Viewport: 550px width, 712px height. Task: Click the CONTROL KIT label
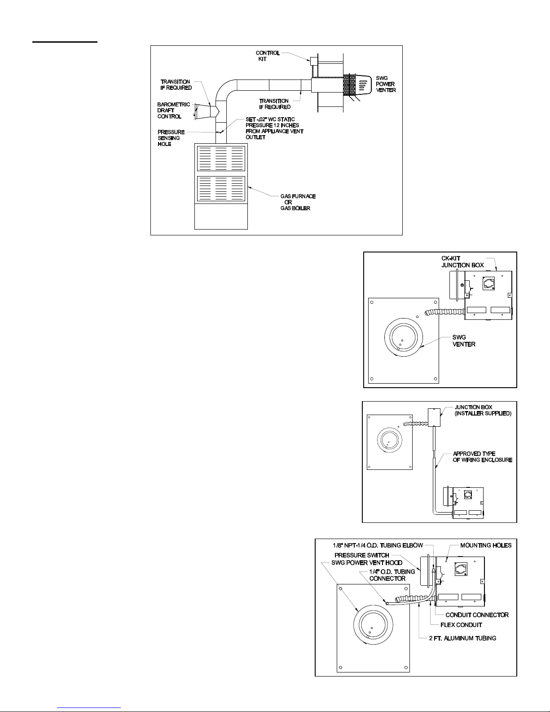coord(268,56)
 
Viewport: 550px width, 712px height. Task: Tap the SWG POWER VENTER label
coord(386,84)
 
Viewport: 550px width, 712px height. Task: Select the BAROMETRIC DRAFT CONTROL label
coord(173,111)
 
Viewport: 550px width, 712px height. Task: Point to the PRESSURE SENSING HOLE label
coord(171,138)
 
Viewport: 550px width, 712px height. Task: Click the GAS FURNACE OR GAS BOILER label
coord(298,202)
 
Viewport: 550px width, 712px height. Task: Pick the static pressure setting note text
coord(274,128)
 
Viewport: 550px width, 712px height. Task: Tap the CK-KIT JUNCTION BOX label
coord(462,262)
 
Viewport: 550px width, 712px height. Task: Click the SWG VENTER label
coord(463,341)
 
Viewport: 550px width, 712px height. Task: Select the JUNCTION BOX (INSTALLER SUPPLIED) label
coord(483,410)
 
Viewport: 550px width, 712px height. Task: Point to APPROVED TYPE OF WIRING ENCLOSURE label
coord(483,457)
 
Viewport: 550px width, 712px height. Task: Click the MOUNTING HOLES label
coord(486,545)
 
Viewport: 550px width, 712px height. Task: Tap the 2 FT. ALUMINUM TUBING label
coord(462,638)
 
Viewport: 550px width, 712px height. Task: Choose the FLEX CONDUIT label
coord(461,625)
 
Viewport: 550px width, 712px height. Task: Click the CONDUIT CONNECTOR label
coord(477,615)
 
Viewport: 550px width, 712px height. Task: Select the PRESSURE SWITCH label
coord(362,555)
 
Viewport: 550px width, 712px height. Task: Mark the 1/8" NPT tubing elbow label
coord(378,545)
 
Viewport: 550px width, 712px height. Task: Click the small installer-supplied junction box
coord(434,417)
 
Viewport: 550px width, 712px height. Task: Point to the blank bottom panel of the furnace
coord(221,216)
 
